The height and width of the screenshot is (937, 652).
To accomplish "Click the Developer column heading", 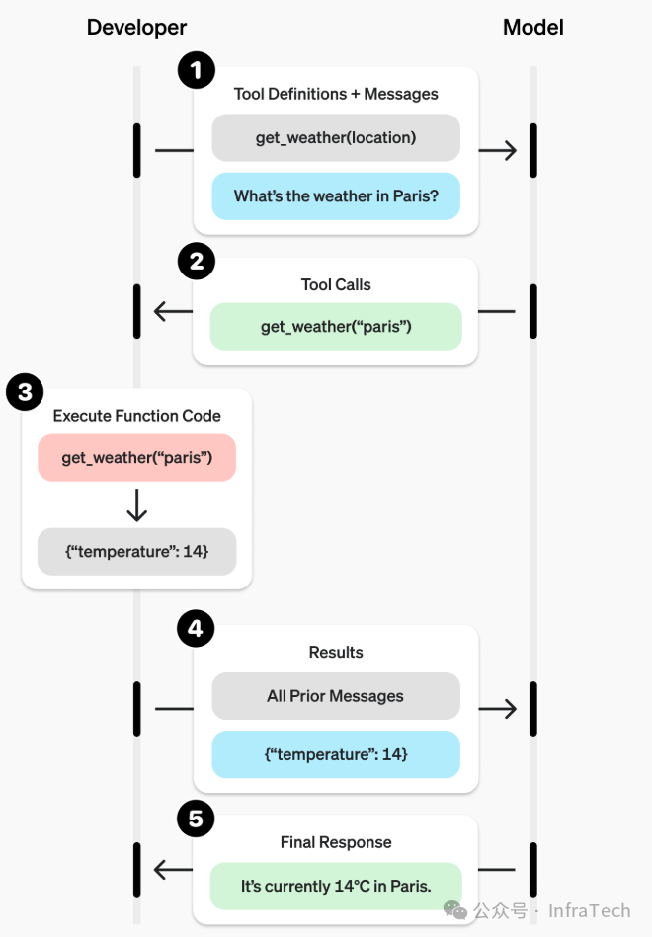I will coord(136,28).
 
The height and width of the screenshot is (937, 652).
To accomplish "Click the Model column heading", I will coord(532,28).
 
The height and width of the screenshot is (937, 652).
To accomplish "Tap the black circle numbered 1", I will coord(196,70).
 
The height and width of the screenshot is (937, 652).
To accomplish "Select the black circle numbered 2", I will coord(196,261).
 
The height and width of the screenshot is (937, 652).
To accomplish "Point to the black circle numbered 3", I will coord(25,392).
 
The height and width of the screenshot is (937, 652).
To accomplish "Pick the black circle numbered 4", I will coord(196,629).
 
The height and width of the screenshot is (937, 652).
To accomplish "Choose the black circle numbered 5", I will coord(196,819).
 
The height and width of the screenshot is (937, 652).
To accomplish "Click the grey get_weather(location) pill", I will coord(336,138).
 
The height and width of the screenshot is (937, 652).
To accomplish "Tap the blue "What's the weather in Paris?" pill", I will coord(336,195).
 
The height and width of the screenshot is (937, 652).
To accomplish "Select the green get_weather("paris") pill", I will coord(336,327).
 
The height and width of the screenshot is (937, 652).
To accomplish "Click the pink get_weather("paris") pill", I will coord(136,458).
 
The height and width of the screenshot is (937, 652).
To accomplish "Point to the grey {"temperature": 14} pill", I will coord(136,551).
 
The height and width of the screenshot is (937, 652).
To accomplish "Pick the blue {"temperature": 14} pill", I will coord(336,754).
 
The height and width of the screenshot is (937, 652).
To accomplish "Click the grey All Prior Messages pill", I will coord(336,696).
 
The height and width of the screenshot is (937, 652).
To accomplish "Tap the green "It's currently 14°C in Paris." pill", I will coord(336,886).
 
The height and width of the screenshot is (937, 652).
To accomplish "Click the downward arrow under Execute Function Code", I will coord(136,505).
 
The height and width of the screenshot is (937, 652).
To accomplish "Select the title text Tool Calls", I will coord(336,284).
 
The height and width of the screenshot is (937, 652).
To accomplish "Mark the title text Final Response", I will coord(336,842).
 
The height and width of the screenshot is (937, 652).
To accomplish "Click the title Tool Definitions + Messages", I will coord(336,94).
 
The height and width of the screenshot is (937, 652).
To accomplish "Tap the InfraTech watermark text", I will coord(589,910).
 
